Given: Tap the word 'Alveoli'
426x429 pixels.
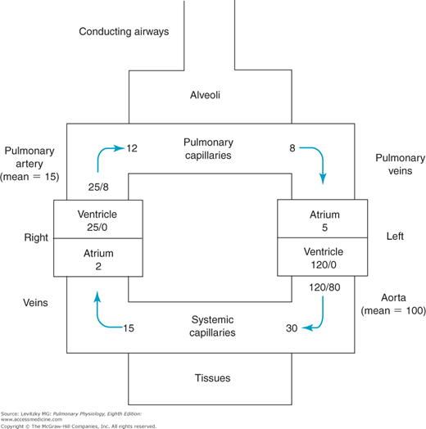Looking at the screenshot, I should click(x=209, y=95).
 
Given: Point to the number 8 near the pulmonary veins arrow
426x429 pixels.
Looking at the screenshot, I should click(x=292, y=148).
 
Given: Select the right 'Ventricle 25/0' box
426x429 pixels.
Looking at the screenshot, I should click(x=91, y=220).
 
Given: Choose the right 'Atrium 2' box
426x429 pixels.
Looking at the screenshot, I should click(x=91, y=260).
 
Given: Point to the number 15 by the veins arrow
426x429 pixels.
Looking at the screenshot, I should click(x=129, y=327).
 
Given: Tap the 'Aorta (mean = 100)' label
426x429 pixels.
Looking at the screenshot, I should click(x=387, y=304).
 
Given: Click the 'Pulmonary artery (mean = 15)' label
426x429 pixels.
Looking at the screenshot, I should click(x=29, y=164).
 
